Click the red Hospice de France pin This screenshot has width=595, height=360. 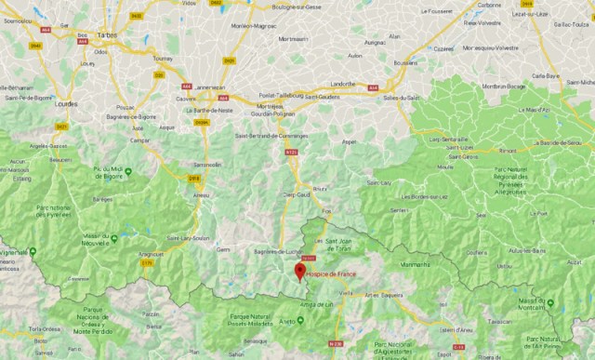tap(298, 272)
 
